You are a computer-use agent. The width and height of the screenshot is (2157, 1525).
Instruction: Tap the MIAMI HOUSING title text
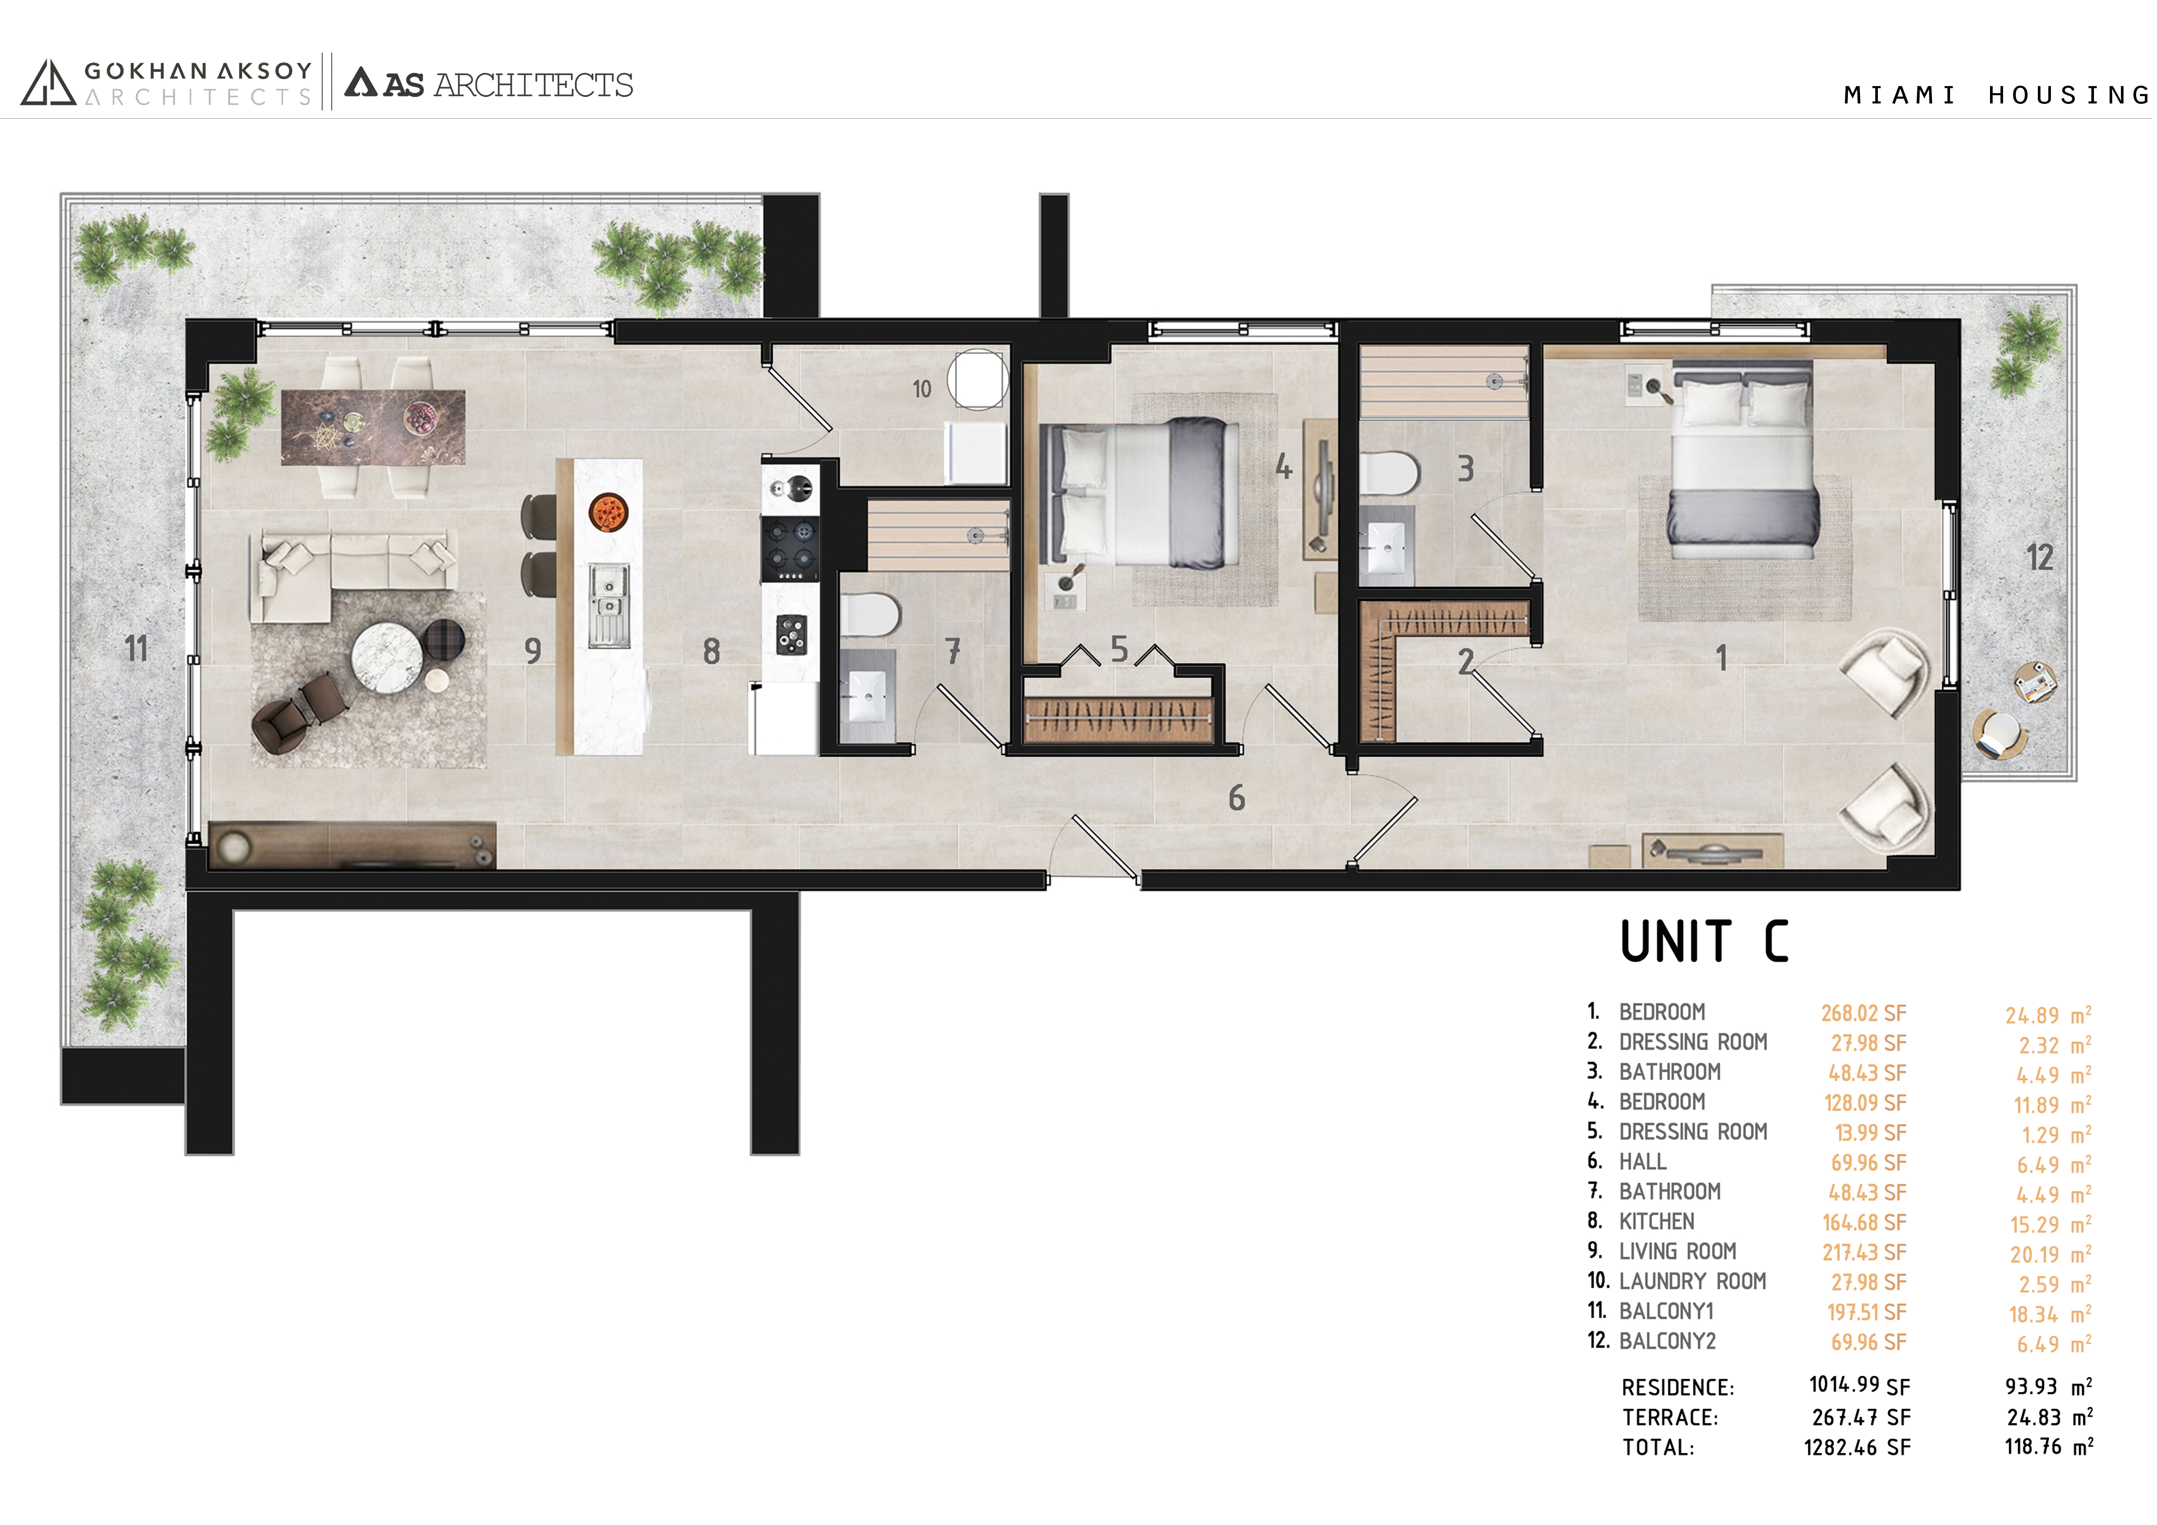pos(1997,95)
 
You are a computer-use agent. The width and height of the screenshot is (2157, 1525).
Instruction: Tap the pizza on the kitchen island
pos(608,513)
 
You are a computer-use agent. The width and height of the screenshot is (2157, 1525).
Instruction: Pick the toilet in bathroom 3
pos(1390,473)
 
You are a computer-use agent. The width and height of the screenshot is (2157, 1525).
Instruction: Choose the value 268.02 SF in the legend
pos(1864,1013)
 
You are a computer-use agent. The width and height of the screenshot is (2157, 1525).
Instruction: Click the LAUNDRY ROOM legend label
pos(1693,1282)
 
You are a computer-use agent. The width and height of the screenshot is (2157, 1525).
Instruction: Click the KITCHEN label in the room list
pos(1657,1222)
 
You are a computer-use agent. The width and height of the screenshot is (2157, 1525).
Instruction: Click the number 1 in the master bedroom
pos(1721,657)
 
